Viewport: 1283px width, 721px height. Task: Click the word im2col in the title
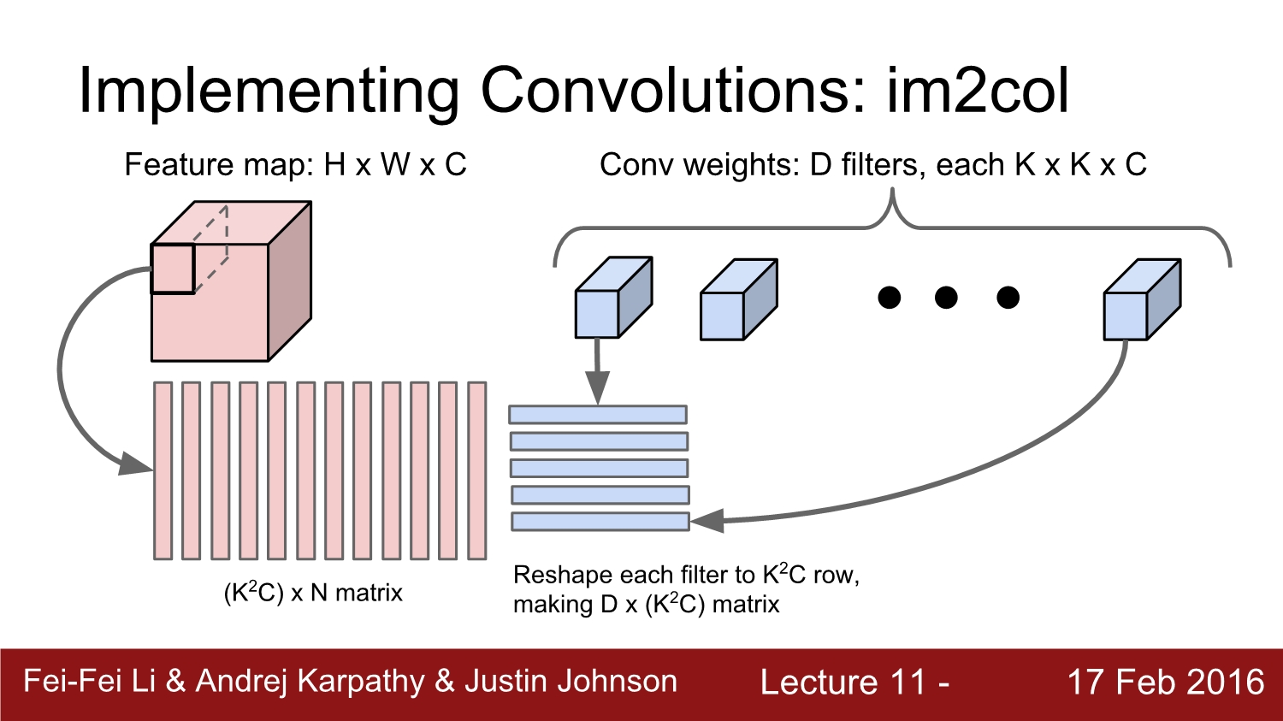[x=977, y=90]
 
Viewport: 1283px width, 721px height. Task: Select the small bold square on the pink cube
[x=173, y=269]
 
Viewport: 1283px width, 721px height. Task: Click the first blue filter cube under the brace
[x=611, y=299]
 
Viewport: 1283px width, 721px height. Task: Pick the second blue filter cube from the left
[x=736, y=301]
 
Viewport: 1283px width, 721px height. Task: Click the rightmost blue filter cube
[x=1140, y=301]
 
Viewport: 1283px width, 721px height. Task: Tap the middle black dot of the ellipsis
[x=946, y=298]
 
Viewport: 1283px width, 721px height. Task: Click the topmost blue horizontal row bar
[x=598, y=415]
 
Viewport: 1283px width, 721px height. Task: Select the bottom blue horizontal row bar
[x=600, y=521]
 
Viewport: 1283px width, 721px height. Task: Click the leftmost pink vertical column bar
[x=163, y=470]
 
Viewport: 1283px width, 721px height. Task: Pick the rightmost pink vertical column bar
[x=477, y=470]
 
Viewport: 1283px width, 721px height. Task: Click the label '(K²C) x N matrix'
[x=313, y=592]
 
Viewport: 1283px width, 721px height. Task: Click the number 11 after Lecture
[x=908, y=683]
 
